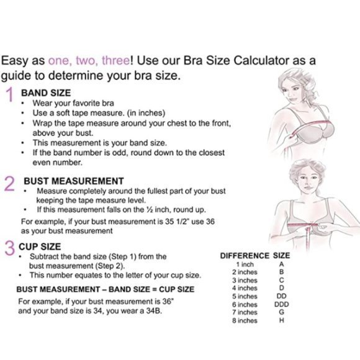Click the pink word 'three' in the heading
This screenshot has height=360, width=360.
[116, 61]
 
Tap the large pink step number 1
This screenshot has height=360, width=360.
[10, 94]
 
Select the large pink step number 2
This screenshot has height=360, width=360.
[9, 184]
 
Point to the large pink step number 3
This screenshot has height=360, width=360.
[10, 248]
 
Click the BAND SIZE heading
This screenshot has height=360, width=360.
[46, 93]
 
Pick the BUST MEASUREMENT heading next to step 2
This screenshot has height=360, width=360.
[74, 181]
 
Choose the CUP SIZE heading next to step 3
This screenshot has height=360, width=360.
[40, 246]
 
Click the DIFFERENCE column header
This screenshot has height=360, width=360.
[245, 256]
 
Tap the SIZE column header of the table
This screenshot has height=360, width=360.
[281, 256]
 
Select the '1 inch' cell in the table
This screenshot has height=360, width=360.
[245, 264]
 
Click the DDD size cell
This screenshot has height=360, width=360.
[281, 304]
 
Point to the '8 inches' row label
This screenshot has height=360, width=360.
[245, 320]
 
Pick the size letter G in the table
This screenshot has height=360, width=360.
[282, 312]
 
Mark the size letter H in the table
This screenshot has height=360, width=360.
[282, 320]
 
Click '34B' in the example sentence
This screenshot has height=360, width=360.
[154, 311]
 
